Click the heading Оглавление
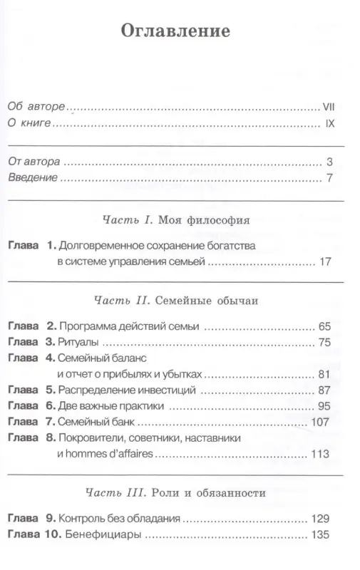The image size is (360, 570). (x=175, y=32)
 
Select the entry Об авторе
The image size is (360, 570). (x=36, y=106)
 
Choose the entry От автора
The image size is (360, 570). (x=34, y=161)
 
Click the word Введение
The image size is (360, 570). (x=32, y=178)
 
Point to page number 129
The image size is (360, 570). (x=322, y=519)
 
